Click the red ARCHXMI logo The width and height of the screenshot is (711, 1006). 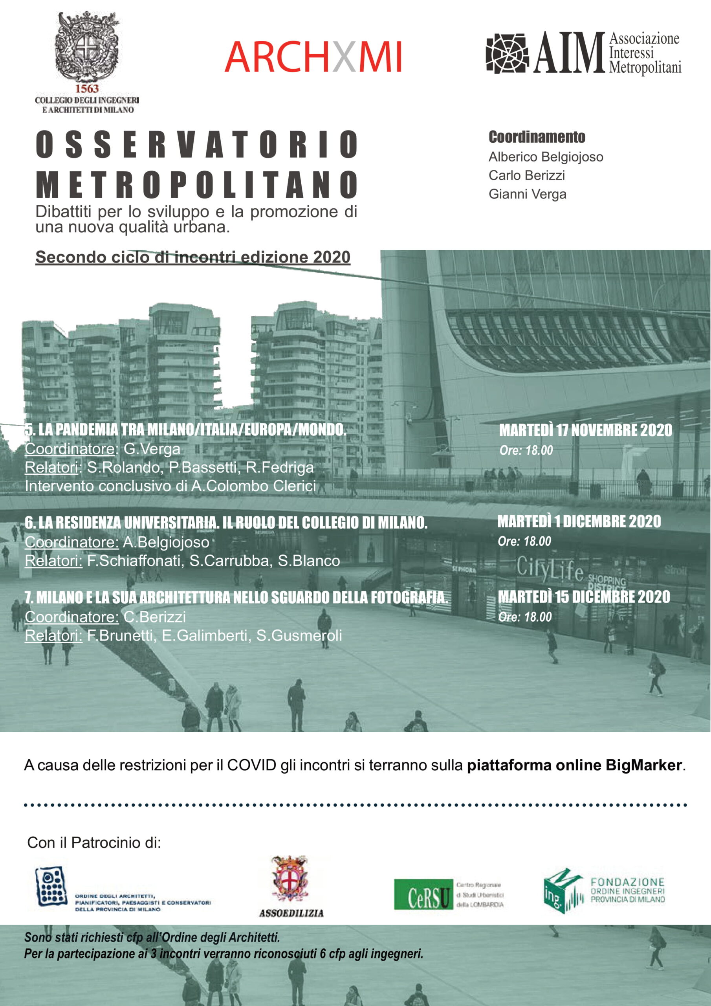click(313, 57)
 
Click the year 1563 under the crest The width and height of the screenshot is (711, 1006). click(87, 88)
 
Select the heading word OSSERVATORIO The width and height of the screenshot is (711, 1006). click(197, 144)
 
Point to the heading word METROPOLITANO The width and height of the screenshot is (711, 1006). click(197, 184)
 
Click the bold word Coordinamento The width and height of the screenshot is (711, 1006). click(537, 137)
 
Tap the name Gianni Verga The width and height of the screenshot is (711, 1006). click(527, 194)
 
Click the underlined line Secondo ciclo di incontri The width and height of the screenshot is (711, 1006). click(193, 257)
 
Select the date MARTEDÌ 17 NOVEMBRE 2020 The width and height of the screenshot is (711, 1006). click(585, 430)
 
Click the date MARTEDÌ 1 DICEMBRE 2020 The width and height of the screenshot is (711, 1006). click(579, 521)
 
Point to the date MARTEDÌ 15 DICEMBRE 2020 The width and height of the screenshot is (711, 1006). click(584, 597)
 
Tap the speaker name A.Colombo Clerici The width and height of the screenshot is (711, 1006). click(253, 486)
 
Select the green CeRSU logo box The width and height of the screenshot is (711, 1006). click(423, 894)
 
